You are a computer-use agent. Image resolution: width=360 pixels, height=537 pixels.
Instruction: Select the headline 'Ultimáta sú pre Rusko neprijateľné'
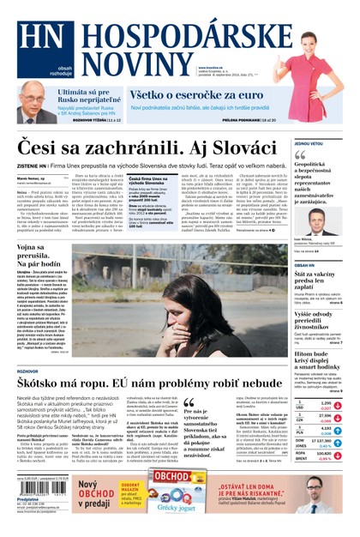tap(81, 96)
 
